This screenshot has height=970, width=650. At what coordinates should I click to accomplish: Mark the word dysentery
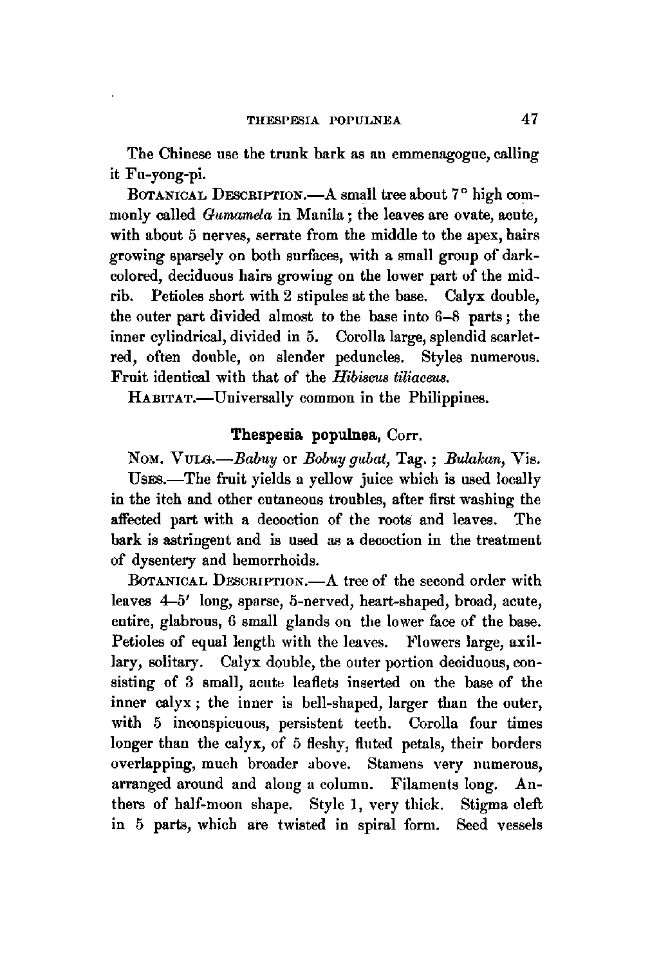point(165,560)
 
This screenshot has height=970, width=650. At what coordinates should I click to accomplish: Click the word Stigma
point(483,805)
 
